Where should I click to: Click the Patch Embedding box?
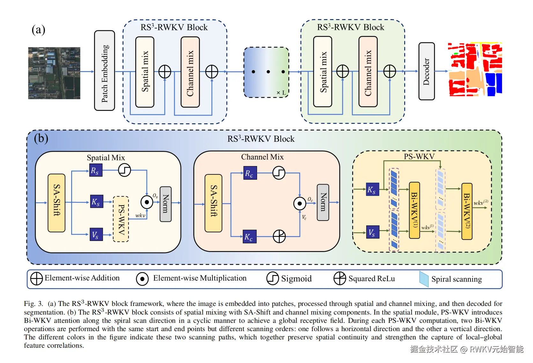click(105, 71)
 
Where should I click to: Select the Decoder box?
click(426, 71)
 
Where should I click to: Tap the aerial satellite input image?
click(54, 73)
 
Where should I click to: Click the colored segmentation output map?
click(475, 69)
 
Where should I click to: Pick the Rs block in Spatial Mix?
click(96, 170)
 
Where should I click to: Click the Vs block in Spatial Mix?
click(96, 235)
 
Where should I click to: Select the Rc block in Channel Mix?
click(250, 173)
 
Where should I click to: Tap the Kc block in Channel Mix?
click(250, 236)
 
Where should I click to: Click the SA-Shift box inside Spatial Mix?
click(56, 203)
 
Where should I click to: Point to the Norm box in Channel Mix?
click(323, 202)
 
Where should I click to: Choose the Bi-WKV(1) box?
click(414, 210)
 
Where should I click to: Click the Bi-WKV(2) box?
click(467, 211)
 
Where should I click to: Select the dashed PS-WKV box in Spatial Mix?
click(121, 219)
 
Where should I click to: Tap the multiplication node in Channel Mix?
click(300, 203)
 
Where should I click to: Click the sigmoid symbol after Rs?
click(124, 170)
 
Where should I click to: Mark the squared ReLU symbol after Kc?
click(279, 236)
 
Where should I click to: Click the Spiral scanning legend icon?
click(424, 279)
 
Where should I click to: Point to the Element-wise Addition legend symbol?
click(36, 279)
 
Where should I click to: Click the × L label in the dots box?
click(281, 93)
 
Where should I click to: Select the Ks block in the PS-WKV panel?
click(372, 189)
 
